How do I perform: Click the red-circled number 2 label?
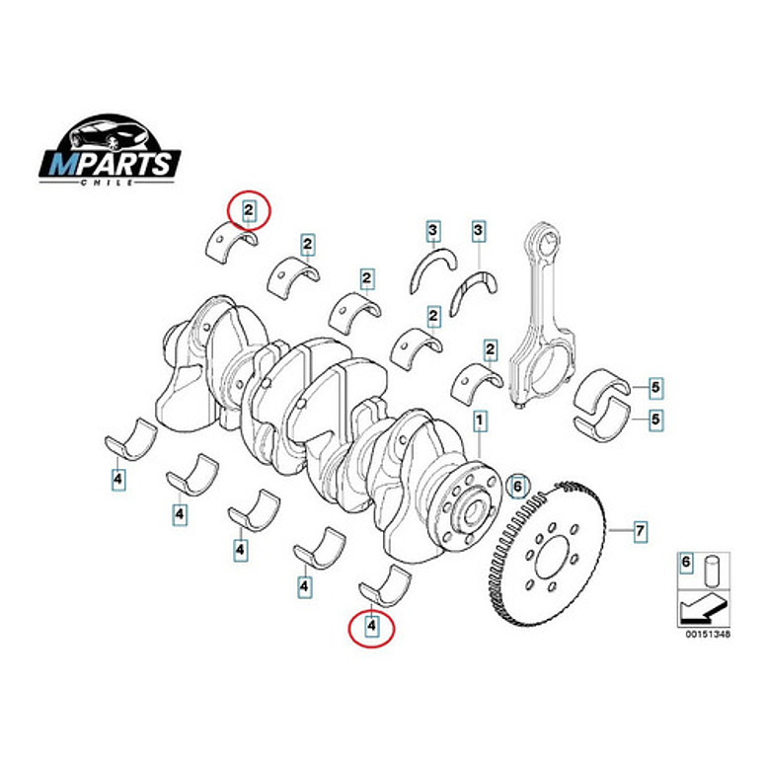click(249, 209)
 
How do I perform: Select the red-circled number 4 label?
click(372, 625)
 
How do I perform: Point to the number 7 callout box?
click(640, 532)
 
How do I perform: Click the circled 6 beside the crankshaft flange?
click(516, 486)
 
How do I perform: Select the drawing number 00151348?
click(702, 635)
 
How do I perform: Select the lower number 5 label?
click(654, 420)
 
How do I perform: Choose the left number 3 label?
click(432, 232)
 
